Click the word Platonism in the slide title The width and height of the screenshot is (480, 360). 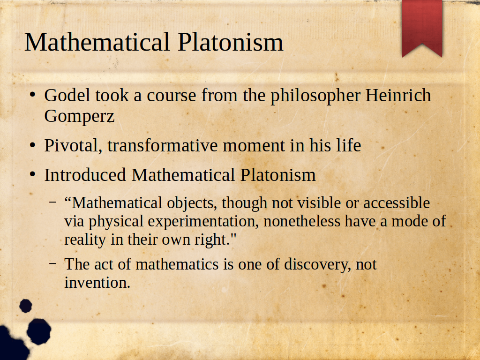(230, 42)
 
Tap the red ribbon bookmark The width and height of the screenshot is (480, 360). (422, 28)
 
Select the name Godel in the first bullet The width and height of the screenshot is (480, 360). (67, 95)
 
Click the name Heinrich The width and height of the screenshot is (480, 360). (398, 95)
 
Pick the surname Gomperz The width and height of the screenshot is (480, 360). (79, 117)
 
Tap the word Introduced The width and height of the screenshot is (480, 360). (85, 175)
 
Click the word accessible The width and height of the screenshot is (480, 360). (397, 203)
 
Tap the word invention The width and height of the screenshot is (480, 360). (97, 283)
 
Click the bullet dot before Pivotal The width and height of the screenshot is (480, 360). (33, 145)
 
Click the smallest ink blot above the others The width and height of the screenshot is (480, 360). (26, 306)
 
